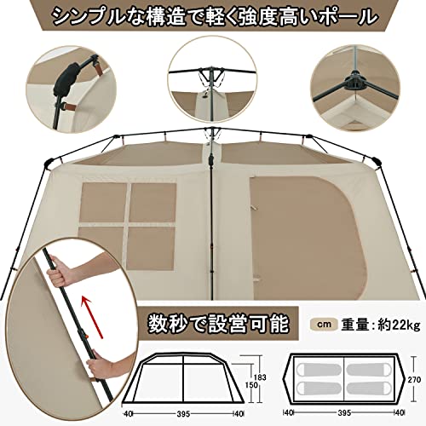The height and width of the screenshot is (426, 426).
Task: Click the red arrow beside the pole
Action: tap(92, 317)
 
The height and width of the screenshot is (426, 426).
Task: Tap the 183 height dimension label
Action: tap(260, 377)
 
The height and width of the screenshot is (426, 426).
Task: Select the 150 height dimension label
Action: tap(251, 385)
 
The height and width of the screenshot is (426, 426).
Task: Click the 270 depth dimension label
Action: tap(414, 380)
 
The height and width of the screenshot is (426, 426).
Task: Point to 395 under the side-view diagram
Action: tap(183, 414)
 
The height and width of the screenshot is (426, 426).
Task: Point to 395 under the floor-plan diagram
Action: tap(344, 412)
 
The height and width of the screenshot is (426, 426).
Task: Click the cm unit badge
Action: tap(324, 325)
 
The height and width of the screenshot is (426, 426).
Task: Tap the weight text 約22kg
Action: tap(399, 325)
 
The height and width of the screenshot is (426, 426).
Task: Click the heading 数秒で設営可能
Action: tap(218, 324)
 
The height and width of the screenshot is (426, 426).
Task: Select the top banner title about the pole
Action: tap(215, 15)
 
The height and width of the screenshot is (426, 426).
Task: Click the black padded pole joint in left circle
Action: tap(66, 79)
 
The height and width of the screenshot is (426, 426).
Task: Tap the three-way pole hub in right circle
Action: tap(354, 83)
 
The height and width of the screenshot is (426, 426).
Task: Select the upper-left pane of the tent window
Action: tap(103, 203)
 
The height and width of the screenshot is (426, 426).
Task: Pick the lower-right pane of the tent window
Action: tap(151, 249)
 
